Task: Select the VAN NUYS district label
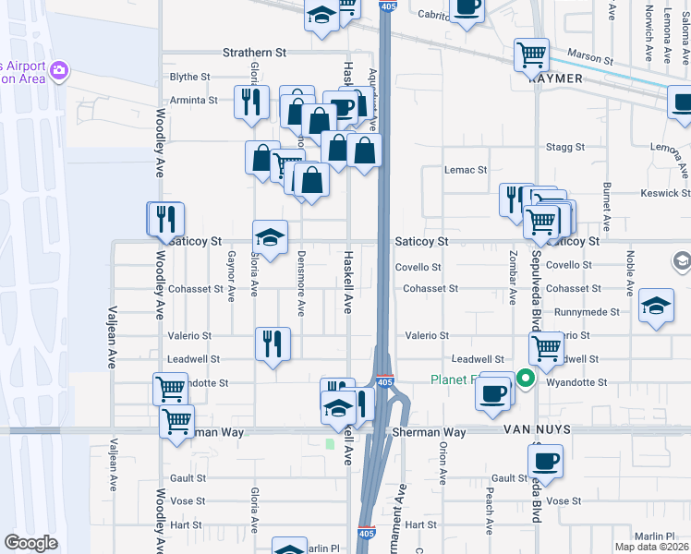537,431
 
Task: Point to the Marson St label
589,58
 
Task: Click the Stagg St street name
566,147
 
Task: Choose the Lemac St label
465,170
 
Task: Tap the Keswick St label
666,194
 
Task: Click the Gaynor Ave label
231,277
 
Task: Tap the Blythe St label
190,77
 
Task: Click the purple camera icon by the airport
60,70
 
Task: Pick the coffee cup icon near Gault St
545,459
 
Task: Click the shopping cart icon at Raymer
532,54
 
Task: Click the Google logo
31,543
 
